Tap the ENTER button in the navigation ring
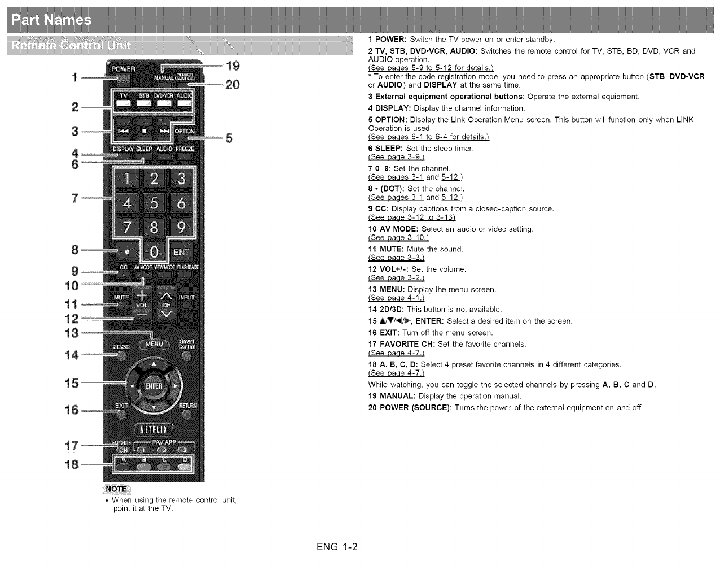[x=153, y=386]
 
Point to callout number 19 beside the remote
[x=232, y=66]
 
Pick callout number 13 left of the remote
[x=72, y=333]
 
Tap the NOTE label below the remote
[x=116, y=489]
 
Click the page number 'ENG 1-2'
[x=337, y=547]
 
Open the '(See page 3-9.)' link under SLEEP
[x=396, y=157]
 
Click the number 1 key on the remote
[x=128, y=180]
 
